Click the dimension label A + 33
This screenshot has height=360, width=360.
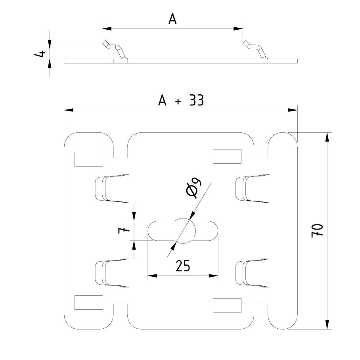pos(181,101)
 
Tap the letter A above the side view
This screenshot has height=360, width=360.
pos(172,19)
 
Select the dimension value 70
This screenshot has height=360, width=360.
pos(318,230)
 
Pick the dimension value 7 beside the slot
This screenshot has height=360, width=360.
pos(124,230)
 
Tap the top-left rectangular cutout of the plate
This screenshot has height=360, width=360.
pos(89,159)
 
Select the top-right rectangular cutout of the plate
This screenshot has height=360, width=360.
pos(227,156)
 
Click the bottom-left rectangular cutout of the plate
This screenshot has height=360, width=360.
pos(89,302)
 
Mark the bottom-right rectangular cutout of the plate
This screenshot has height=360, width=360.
pos(227,305)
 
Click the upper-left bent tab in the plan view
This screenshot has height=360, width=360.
pos(110,188)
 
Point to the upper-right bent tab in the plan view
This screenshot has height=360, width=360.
pos(250,188)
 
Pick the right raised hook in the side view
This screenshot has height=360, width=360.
pos(256,50)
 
